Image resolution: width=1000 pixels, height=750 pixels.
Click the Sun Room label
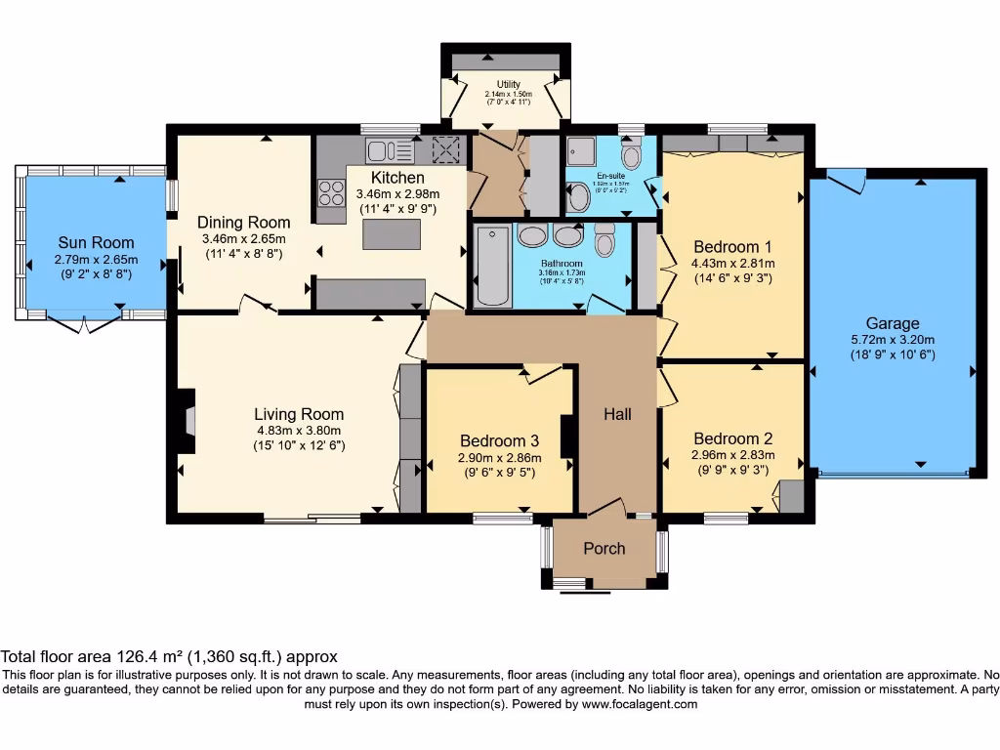96,242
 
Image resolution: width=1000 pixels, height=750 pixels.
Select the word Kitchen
397,178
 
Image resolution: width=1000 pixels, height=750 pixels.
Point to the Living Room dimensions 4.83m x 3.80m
299,431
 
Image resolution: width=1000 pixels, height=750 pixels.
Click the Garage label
893,323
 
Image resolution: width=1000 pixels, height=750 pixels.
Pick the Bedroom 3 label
499,439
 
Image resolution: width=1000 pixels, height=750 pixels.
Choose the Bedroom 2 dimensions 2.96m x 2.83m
732,454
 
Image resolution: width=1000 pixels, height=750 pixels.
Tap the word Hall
617,414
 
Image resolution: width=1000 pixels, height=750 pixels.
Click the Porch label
604,549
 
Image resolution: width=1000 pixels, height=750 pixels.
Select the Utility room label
508,84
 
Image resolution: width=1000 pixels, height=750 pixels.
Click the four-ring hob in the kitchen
331,193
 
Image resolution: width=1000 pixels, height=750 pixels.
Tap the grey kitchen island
393,235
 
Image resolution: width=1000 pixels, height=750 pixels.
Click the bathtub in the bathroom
492,266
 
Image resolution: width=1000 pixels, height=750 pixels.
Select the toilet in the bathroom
604,238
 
